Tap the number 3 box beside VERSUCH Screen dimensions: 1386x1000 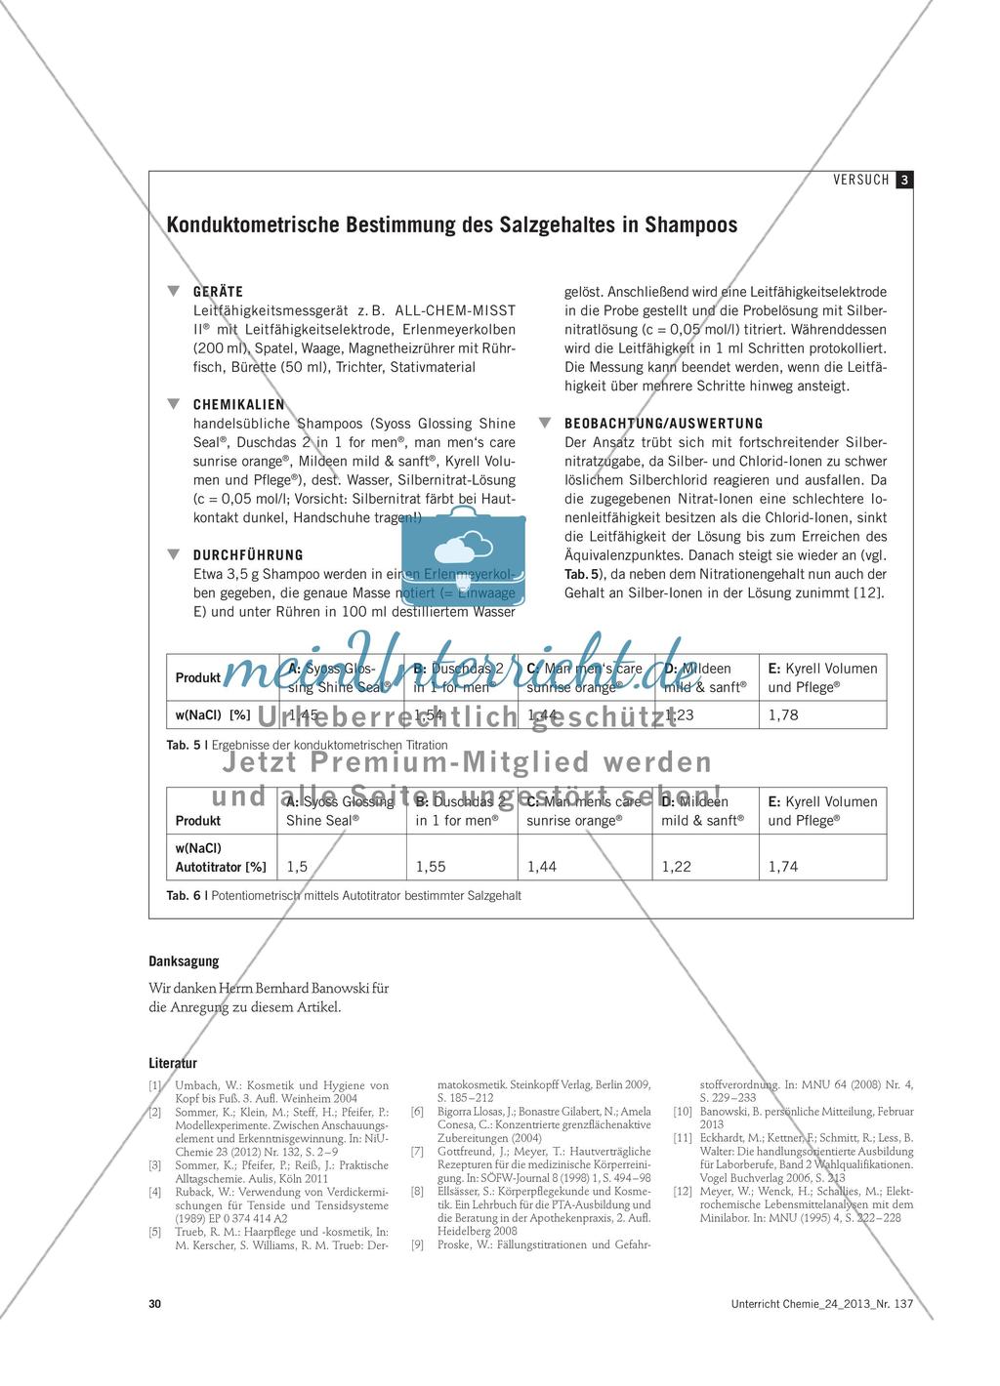coord(905,180)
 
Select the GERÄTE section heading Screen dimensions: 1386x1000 coord(218,291)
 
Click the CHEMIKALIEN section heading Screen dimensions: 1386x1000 coord(238,404)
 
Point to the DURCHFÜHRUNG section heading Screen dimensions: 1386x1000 coord(248,554)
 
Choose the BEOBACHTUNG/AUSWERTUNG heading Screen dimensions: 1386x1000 coord(664,423)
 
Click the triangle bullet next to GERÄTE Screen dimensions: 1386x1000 coord(174,291)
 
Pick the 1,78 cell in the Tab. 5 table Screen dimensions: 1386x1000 coord(783,714)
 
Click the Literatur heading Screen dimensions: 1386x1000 coord(173,1063)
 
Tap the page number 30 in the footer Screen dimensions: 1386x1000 coord(155,1304)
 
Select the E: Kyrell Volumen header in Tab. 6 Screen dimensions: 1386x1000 coord(822,801)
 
